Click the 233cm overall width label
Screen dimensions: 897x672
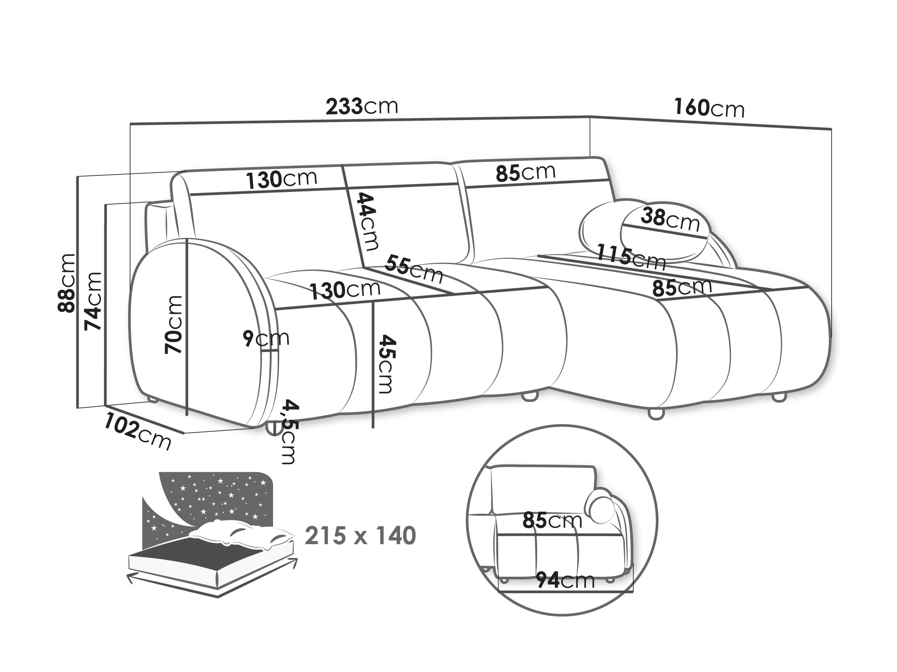(x=362, y=107)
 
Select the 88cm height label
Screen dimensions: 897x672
(x=66, y=283)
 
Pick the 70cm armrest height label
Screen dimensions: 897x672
(x=174, y=324)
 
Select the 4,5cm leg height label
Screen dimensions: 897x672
(x=290, y=432)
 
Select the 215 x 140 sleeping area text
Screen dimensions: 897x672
(x=361, y=536)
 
